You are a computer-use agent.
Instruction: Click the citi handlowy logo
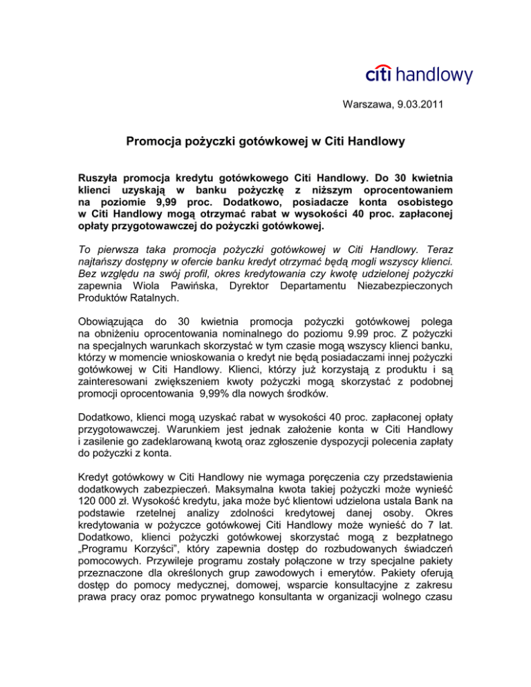tap(419, 73)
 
